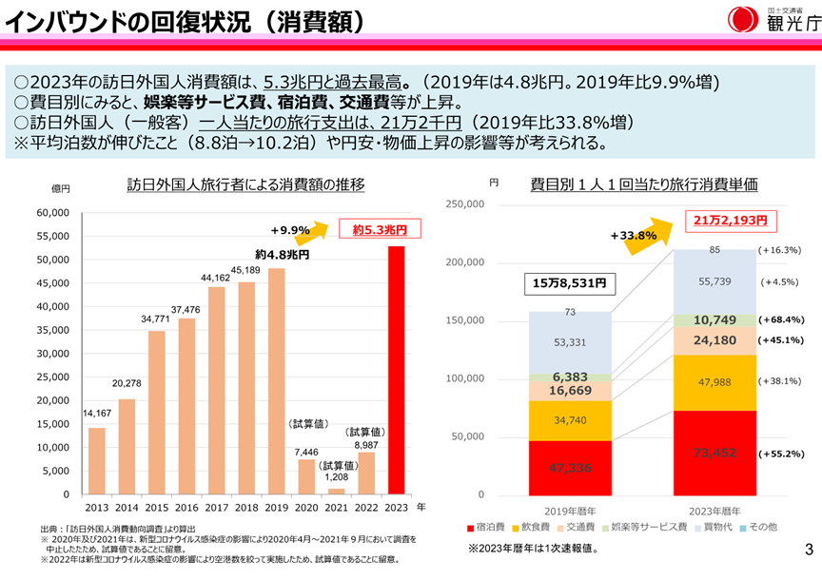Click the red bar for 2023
click(x=396, y=371)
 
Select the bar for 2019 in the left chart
click(x=277, y=381)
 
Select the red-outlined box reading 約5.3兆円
click(x=380, y=229)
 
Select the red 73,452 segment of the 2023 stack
click(x=714, y=453)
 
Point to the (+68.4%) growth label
click(x=781, y=320)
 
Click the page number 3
click(x=808, y=549)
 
